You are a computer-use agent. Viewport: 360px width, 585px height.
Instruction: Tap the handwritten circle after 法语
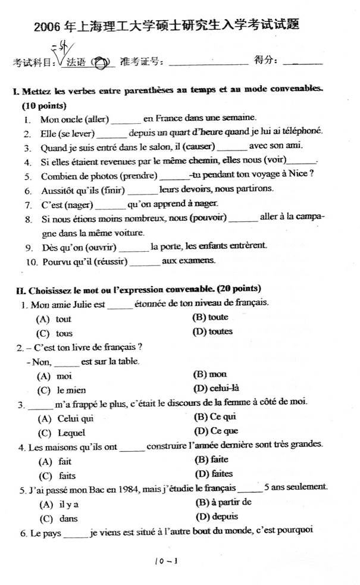(102, 61)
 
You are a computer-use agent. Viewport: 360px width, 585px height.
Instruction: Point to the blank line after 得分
(303, 62)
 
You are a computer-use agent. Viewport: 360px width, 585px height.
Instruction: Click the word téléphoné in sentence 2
(302, 132)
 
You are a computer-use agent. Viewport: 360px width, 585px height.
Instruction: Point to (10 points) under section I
(43, 105)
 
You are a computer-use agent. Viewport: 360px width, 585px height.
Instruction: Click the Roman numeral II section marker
(19, 290)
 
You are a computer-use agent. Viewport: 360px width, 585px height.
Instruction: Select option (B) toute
(211, 318)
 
